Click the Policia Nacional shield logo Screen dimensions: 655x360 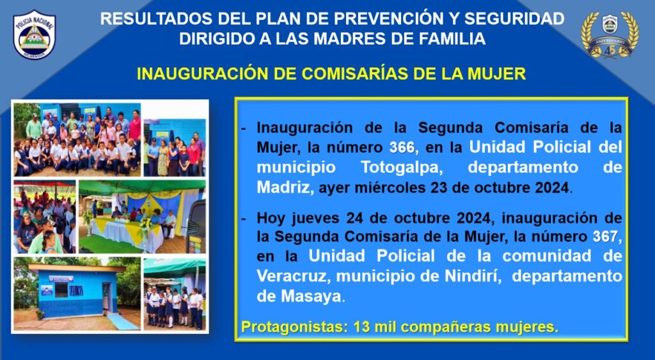click(35, 35)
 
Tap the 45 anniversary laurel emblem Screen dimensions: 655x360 click(610, 35)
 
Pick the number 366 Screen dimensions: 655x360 click(402, 148)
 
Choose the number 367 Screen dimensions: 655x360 click(605, 237)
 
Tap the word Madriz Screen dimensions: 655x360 click(283, 187)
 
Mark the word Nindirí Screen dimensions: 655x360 click(472, 276)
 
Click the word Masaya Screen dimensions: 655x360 click(311, 296)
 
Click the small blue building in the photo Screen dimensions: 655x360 click(75, 290)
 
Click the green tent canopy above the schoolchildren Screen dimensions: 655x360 click(174, 267)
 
